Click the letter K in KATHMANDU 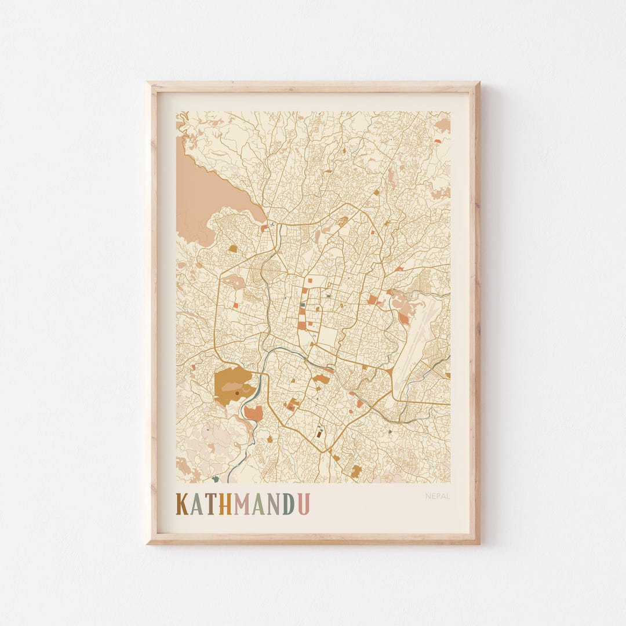pyautogui.click(x=183, y=504)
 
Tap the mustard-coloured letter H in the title pyautogui.click(x=225, y=504)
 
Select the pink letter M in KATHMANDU pyautogui.click(x=242, y=504)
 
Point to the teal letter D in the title pyautogui.click(x=288, y=504)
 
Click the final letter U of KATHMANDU pyautogui.click(x=303, y=504)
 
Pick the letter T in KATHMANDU pyautogui.click(x=212, y=504)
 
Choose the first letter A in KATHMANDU pyautogui.click(x=197, y=504)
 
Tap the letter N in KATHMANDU pyautogui.click(x=273, y=504)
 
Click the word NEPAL pyautogui.click(x=437, y=496)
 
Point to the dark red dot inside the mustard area pyautogui.click(x=236, y=394)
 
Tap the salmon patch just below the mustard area pyautogui.click(x=253, y=413)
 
